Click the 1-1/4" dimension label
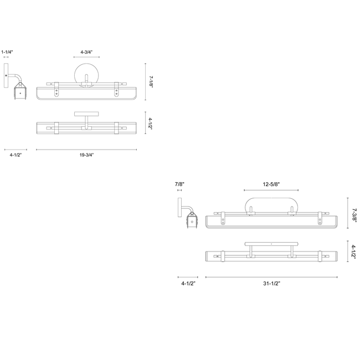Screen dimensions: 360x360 [7, 52]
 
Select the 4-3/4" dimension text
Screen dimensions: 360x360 [86, 52]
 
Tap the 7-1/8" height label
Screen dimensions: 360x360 [151, 82]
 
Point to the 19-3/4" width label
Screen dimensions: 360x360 [86, 155]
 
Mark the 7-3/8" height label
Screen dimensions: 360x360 [354, 214]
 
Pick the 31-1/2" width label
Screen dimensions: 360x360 [271, 284]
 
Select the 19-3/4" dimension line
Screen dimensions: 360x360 [86, 150]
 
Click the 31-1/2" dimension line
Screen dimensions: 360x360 [271, 277]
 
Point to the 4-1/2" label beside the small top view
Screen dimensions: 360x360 [150, 124]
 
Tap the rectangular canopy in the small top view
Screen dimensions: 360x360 [86, 114]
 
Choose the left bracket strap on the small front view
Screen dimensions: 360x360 [56, 90]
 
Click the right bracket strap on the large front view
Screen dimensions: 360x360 [320, 218]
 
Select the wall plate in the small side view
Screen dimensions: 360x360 [6, 75]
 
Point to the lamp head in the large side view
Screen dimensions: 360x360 [192, 220]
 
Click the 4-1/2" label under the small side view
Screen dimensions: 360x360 [16, 155]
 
